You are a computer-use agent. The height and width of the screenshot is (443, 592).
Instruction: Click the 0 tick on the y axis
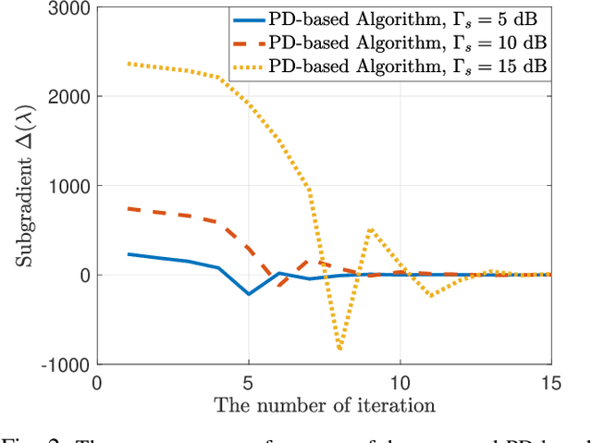click(84, 276)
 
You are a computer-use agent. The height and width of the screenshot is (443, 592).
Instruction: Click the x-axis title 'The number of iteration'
click(324, 404)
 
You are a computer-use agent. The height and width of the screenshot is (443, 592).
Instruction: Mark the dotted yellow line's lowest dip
click(339, 350)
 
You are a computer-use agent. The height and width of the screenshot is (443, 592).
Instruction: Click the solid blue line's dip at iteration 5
click(249, 294)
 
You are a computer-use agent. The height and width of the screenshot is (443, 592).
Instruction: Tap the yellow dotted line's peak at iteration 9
click(369, 228)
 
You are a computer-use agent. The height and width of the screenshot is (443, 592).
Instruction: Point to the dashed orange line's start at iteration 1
click(129, 209)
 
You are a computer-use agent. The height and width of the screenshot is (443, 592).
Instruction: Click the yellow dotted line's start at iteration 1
click(129, 64)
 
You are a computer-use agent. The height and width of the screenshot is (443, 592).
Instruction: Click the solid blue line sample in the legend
click(253, 20)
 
